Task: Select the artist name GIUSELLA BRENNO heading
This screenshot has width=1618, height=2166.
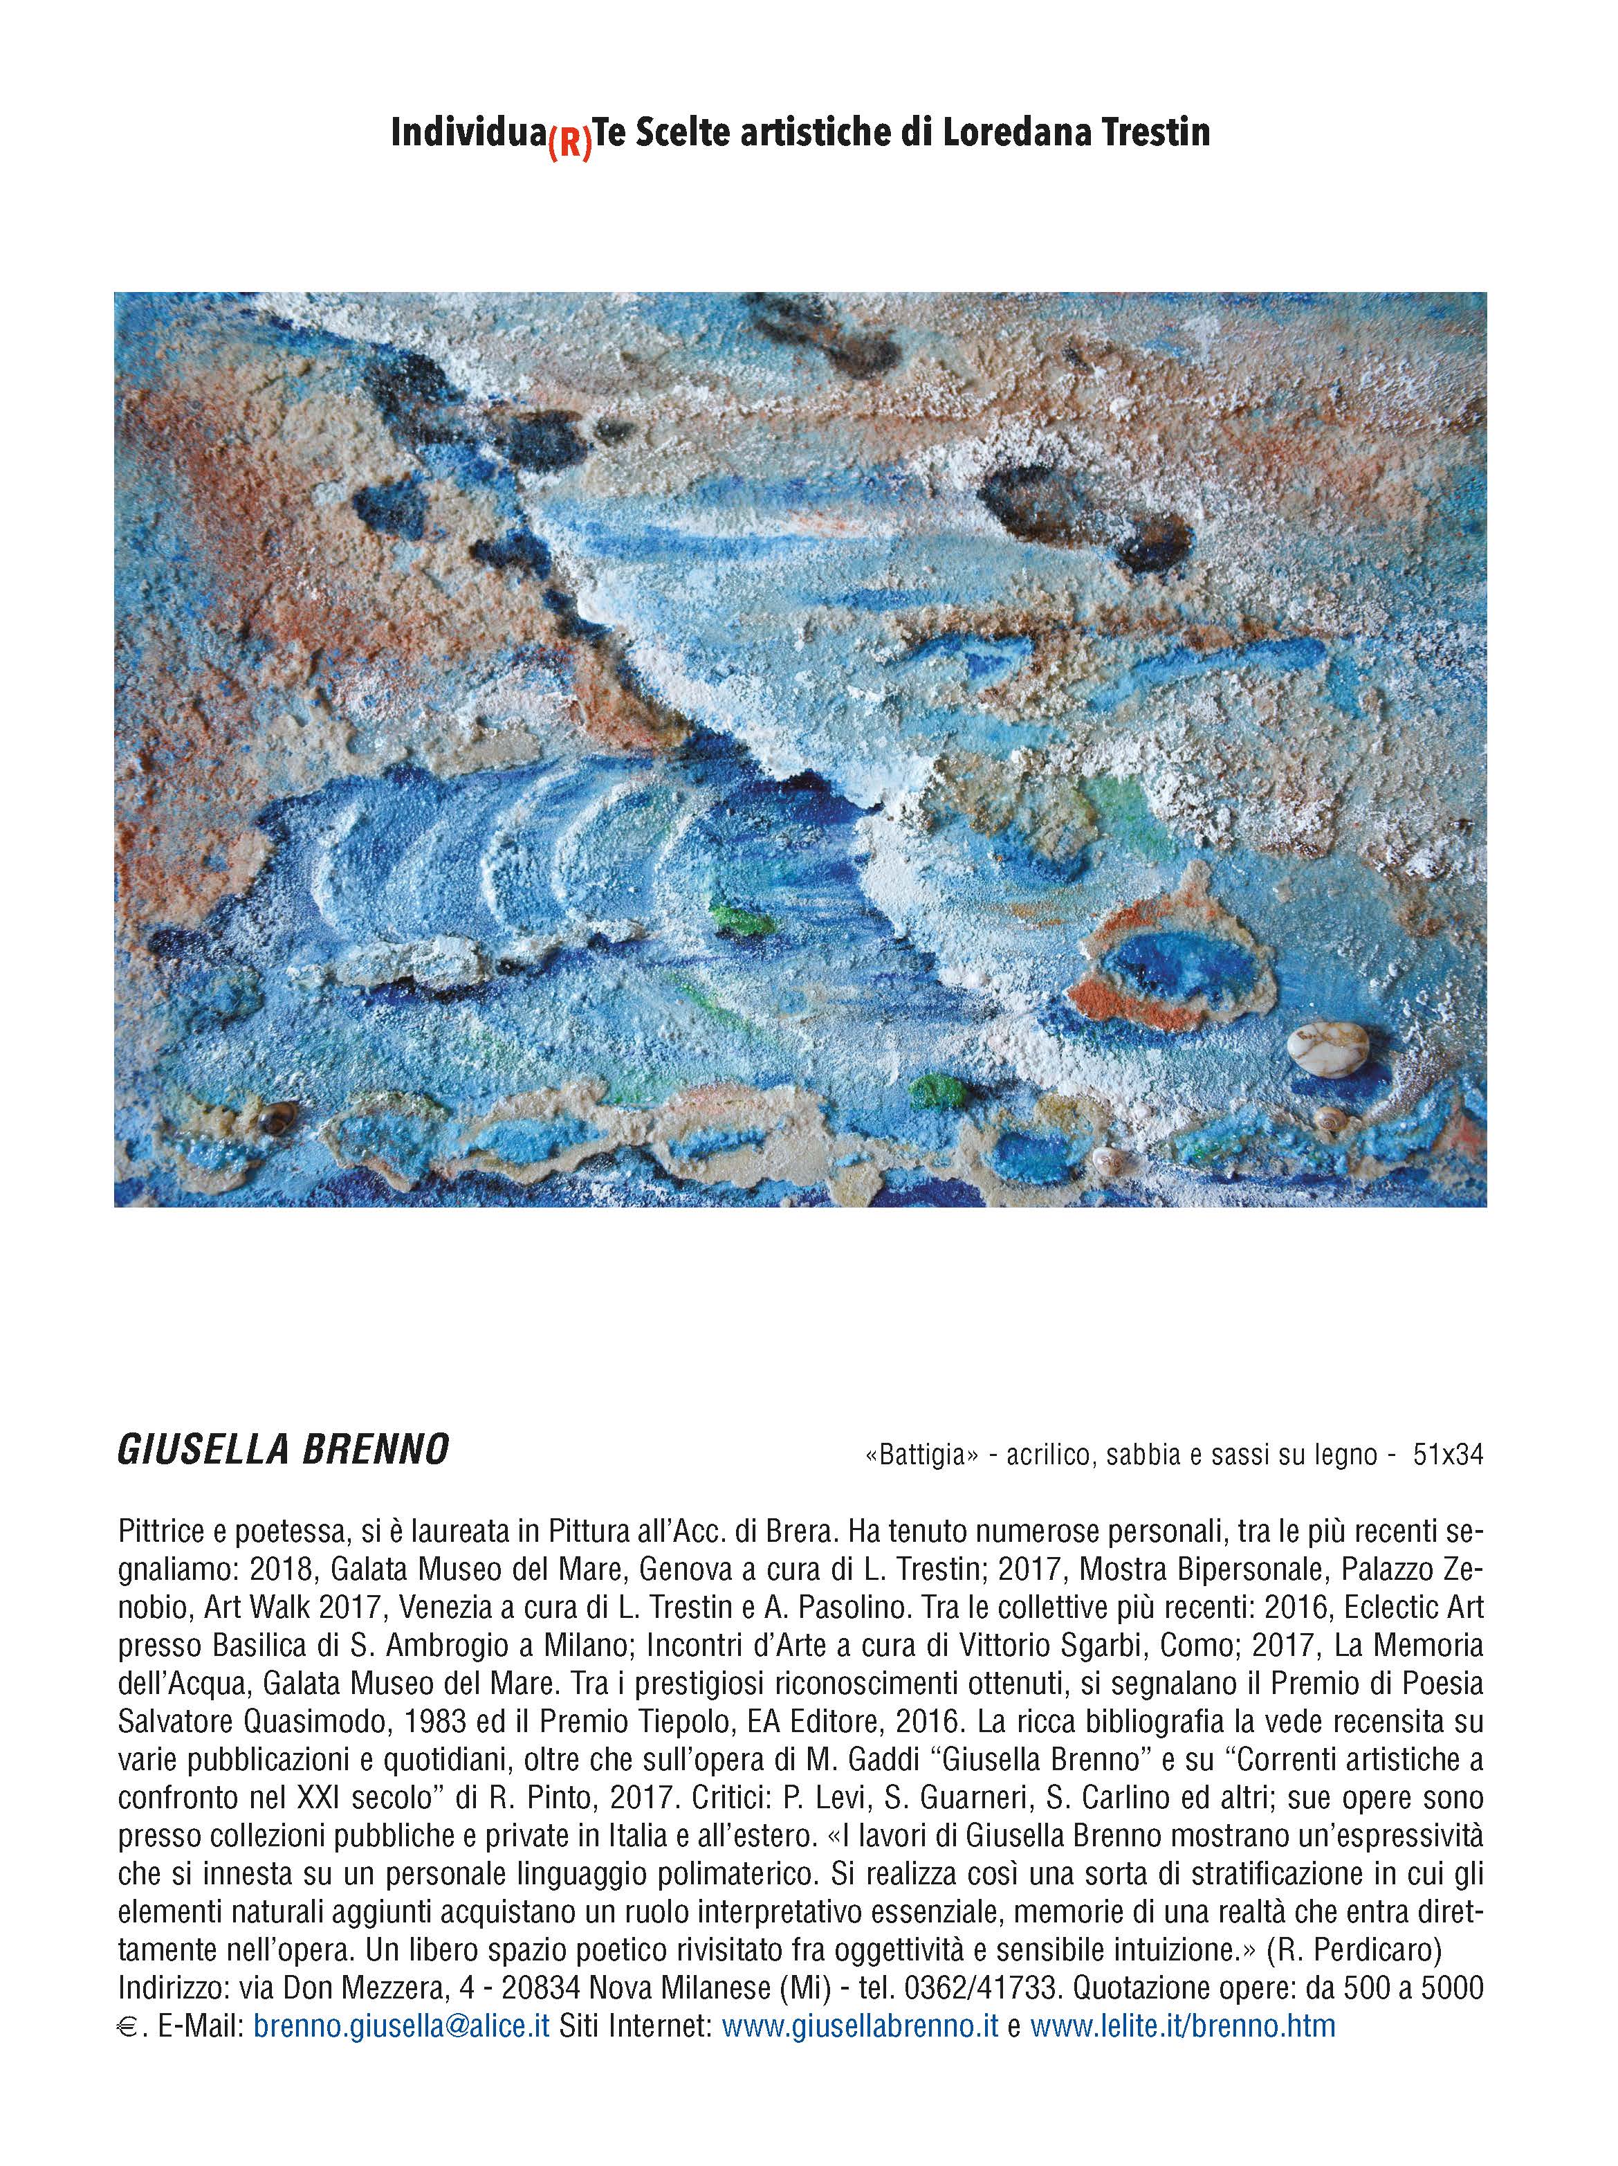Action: click(x=283, y=1450)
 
